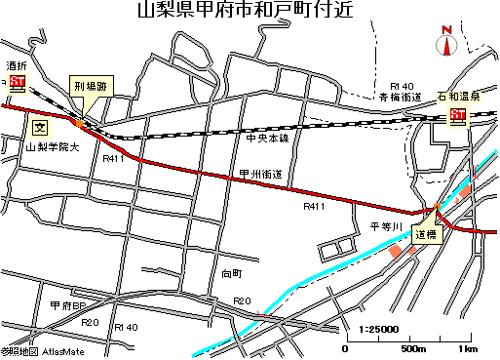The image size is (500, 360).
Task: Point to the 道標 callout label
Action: click(428, 234)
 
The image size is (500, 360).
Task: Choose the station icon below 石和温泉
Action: click(457, 116)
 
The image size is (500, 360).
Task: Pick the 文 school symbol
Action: click(40, 127)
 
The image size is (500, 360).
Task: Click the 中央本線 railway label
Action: click(268, 139)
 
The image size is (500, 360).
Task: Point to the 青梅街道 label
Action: click(400, 98)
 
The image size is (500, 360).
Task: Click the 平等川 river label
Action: click(387, 225)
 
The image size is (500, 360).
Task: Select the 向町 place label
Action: click(231, 273)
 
